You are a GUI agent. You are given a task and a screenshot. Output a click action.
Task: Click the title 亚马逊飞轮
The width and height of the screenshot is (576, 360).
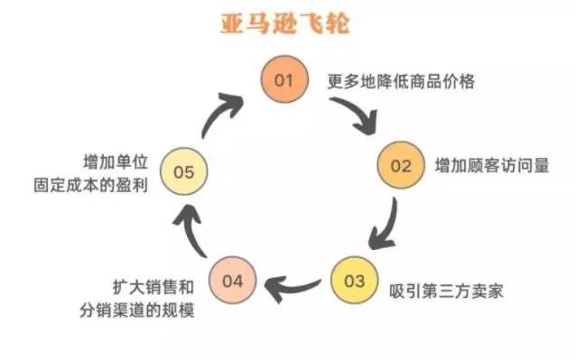(285, 23)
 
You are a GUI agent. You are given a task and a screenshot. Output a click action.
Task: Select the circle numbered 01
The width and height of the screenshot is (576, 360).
(285, 81)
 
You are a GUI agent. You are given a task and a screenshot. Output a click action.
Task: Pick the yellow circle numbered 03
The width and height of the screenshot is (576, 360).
(354, 281)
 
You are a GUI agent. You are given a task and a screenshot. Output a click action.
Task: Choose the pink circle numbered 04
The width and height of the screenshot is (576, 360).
(232, 281)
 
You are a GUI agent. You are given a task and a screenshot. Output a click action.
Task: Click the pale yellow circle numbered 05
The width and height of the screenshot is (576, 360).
(183, 171)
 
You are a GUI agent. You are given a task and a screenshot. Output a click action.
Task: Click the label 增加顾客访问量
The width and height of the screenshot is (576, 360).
(479, 167)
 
